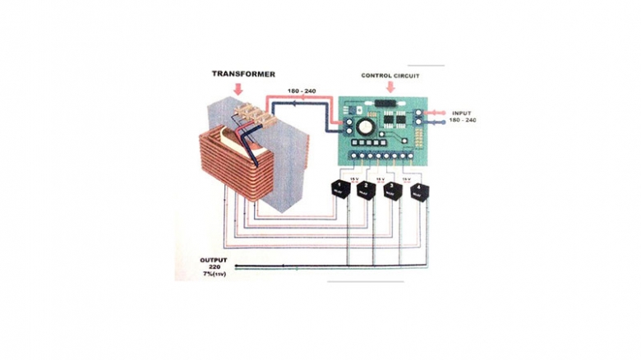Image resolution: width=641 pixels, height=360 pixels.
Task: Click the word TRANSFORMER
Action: (243, 74)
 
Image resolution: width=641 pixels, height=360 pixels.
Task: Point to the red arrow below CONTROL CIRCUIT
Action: (390, 86)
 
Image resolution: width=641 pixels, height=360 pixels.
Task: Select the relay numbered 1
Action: (337, 187)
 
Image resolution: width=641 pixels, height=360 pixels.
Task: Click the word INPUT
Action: (463, 113)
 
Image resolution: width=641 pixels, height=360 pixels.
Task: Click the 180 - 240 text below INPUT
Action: (463, 120)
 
